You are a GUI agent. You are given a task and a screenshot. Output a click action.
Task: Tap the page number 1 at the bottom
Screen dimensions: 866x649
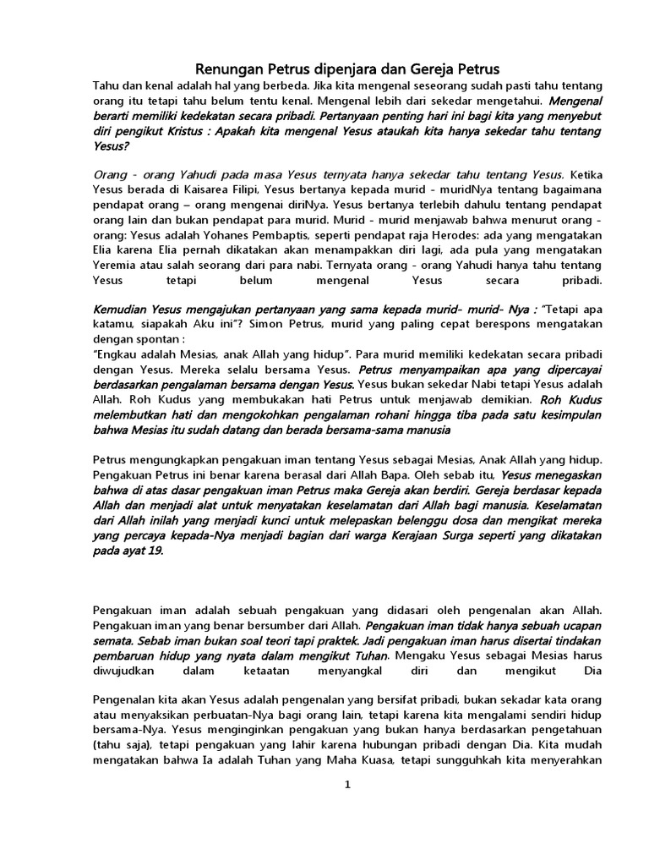[346, 784]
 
